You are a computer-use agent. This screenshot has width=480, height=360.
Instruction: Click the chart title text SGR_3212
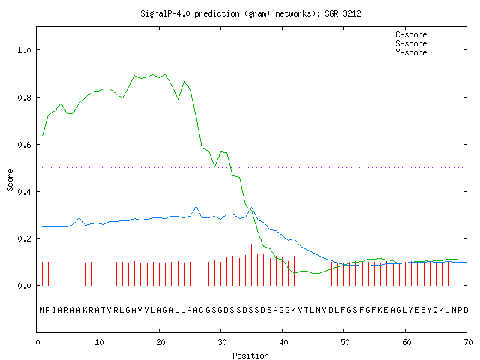pos(343,13)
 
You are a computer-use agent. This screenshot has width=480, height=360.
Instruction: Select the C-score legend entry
pos(427,34)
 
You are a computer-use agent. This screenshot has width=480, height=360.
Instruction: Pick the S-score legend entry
pos(427,43)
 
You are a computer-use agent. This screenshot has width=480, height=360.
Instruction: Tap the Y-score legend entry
pos(427,52)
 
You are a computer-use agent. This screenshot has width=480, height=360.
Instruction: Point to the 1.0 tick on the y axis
pos(24,50)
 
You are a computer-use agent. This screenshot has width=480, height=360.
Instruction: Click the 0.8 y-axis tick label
pos(24,97)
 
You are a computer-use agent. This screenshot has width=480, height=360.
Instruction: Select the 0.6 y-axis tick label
pos(24,145)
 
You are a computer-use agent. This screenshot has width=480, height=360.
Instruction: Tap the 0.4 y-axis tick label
pos(24,192)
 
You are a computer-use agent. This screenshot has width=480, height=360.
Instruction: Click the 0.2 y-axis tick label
pos(24,238)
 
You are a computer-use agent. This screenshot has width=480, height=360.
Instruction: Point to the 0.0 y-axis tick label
pos(24,286)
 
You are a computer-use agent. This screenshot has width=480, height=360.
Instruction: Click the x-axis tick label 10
pos(99,342)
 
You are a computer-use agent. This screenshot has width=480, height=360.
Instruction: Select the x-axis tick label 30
pos(222,342)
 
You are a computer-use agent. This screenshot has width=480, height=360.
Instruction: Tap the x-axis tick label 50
pos(345,342)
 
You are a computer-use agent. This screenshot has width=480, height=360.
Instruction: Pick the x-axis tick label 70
pos(468,342)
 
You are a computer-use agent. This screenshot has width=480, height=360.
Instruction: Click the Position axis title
pos(250,355)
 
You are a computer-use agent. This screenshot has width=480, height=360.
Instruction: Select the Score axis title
pos(10,180)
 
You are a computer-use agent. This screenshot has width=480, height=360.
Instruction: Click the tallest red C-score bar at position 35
pos(252,265)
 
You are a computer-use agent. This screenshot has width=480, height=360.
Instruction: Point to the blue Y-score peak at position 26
pos(196,207)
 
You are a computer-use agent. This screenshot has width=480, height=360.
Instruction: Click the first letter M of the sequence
pos(42,310)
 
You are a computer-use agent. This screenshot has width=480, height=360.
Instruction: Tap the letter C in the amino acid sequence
pos(201,310)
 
